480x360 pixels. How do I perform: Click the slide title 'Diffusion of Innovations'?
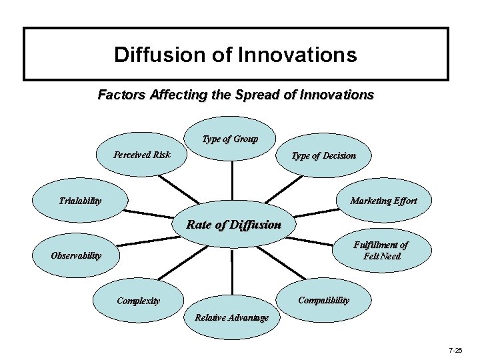tap(235, 54)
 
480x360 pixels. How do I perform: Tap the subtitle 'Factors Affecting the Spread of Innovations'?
tap(235, 95)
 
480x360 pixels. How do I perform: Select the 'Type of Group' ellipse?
tap(230, 139)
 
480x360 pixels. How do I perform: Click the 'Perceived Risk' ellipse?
tap(141, 155)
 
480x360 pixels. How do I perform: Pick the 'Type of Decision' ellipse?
tap(323, 156)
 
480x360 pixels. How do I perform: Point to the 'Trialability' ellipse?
tap(80, 201)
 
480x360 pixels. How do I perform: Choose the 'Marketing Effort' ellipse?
tap(383, 201)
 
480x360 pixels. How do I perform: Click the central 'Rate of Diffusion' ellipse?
tap(233, 225)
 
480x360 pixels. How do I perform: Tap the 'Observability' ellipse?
tap(76, 255)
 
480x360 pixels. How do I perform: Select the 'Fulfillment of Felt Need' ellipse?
tap(382, 250)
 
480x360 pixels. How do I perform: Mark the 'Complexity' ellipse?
tap(138, 301)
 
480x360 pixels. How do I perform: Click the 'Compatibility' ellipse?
tap(323, 300)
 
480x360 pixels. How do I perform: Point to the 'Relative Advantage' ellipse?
tap(231, 317)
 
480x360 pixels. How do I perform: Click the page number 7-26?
tap(455, 349)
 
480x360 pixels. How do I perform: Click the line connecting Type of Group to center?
tap(232, 180)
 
